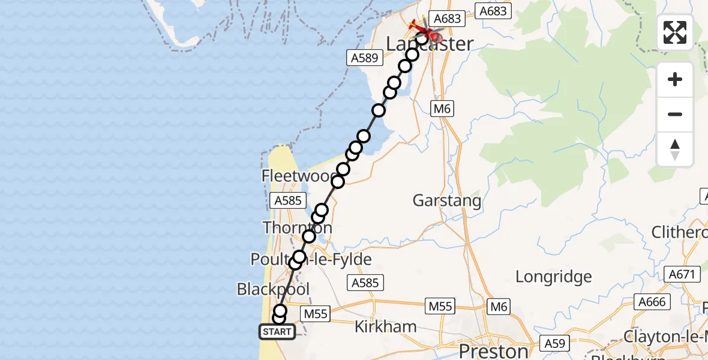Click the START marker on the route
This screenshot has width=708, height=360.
(x=277, y=332)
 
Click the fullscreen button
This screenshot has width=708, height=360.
(x=675, y=32)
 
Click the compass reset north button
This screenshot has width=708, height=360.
(x=675, y=149)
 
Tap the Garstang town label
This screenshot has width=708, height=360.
(x=447, y=200)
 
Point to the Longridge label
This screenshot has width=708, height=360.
(x=554, y=277)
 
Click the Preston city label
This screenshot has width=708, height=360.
(x=494, y=350)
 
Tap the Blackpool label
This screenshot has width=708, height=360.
(x=273, y=289)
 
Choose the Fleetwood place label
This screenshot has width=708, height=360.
(x=298, y=176)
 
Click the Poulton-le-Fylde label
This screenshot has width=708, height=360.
(x=311, y=260)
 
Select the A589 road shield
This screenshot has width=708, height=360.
(x=364, y=58)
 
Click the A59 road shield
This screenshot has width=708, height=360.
(x=556, y=344)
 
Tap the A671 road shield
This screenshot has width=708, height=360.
(x=683, y=275)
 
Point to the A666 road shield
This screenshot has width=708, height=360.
(x=651, y=302)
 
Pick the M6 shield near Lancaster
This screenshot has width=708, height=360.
(x=442, y=109)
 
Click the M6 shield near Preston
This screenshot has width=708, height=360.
(x=499, y=307)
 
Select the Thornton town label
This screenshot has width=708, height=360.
(x=297, y=228)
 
